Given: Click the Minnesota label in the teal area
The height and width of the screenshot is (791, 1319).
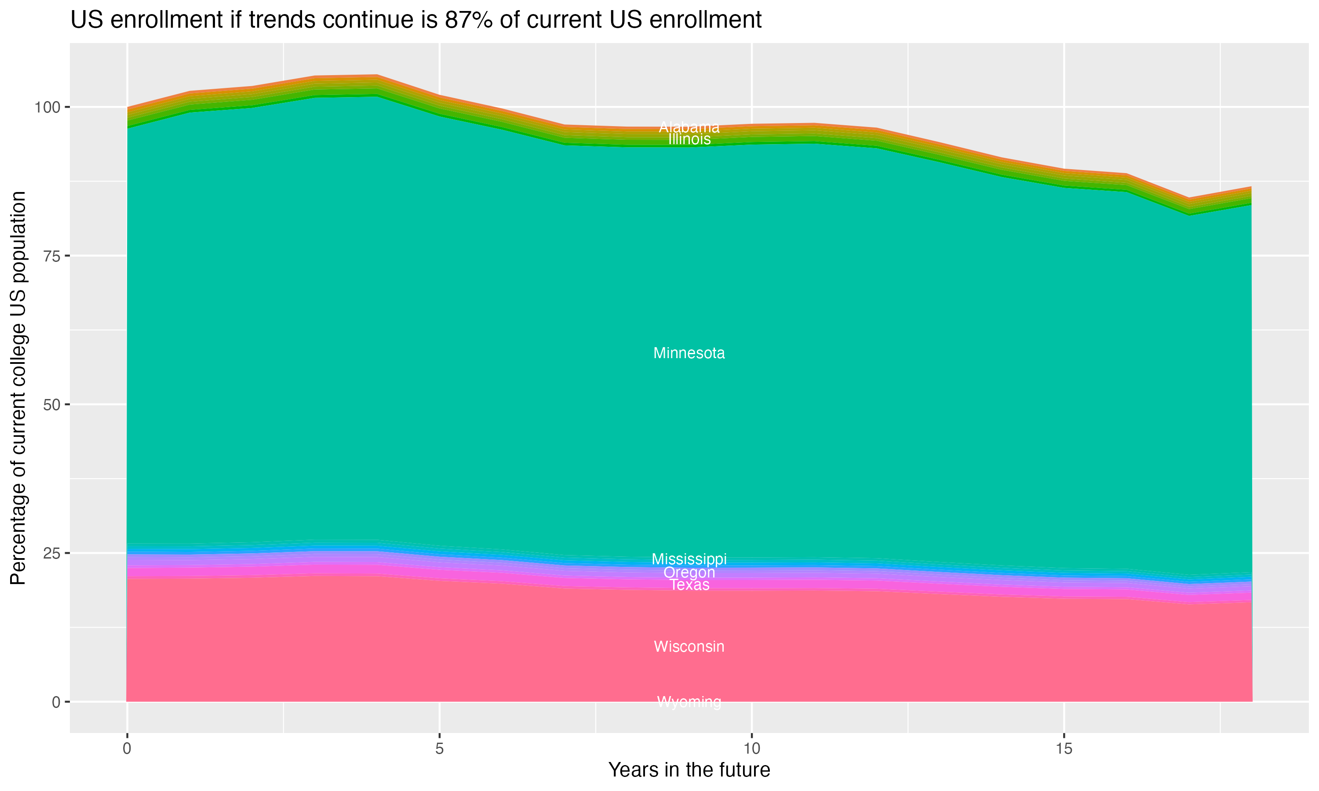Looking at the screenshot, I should pos(689,353).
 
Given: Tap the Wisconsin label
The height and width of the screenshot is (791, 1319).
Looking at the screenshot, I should pos(689,646).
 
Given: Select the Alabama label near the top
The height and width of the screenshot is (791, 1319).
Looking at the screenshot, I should pos(689,127).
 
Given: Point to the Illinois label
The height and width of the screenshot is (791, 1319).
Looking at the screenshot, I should pos(689,140).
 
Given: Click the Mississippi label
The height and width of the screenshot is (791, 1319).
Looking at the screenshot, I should pos(689,559).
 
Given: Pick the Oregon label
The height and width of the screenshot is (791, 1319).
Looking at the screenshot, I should pos(689,573).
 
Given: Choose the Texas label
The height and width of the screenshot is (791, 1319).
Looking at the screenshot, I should pos(689,585).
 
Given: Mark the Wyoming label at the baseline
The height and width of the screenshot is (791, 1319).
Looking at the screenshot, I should pos(689,702).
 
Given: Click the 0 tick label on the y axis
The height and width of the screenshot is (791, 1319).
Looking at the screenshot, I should pos(55,702).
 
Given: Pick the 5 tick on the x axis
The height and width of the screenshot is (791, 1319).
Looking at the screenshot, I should pos(439,749).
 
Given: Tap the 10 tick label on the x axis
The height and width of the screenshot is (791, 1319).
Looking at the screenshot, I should pos(752,749).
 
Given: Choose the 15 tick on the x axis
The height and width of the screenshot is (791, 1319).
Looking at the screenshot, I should pos(1064,749).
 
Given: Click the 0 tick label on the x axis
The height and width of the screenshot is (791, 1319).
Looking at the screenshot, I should pos(127,749).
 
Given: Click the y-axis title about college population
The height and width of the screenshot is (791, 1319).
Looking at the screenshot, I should pos(18,388).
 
